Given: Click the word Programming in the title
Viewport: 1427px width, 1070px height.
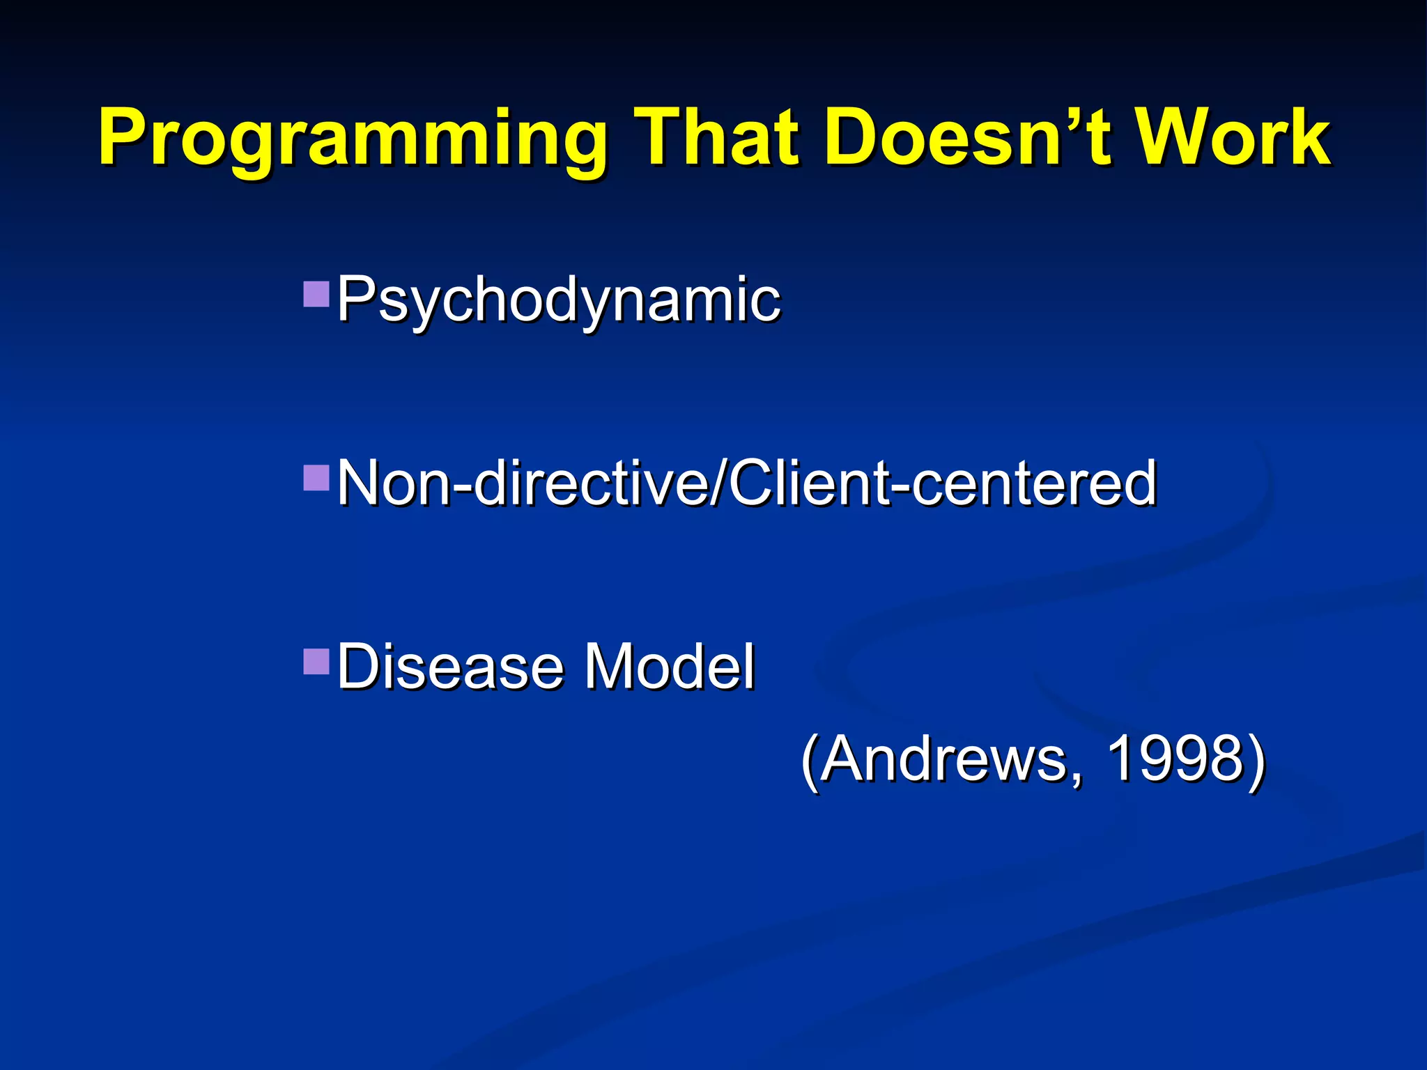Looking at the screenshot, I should point(352,139).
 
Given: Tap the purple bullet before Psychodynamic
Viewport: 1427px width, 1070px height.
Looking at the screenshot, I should point(316,295).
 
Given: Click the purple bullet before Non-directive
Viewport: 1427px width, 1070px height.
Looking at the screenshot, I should point(316,479).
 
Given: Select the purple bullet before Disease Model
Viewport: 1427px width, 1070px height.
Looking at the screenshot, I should point(316,662).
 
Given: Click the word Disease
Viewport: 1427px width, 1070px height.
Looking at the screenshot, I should point(450,667).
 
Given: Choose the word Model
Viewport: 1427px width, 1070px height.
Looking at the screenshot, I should point(669,667).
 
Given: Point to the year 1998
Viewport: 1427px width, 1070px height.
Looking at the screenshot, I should point(1175,759).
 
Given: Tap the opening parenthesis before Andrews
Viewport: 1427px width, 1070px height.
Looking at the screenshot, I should point(809,761).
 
